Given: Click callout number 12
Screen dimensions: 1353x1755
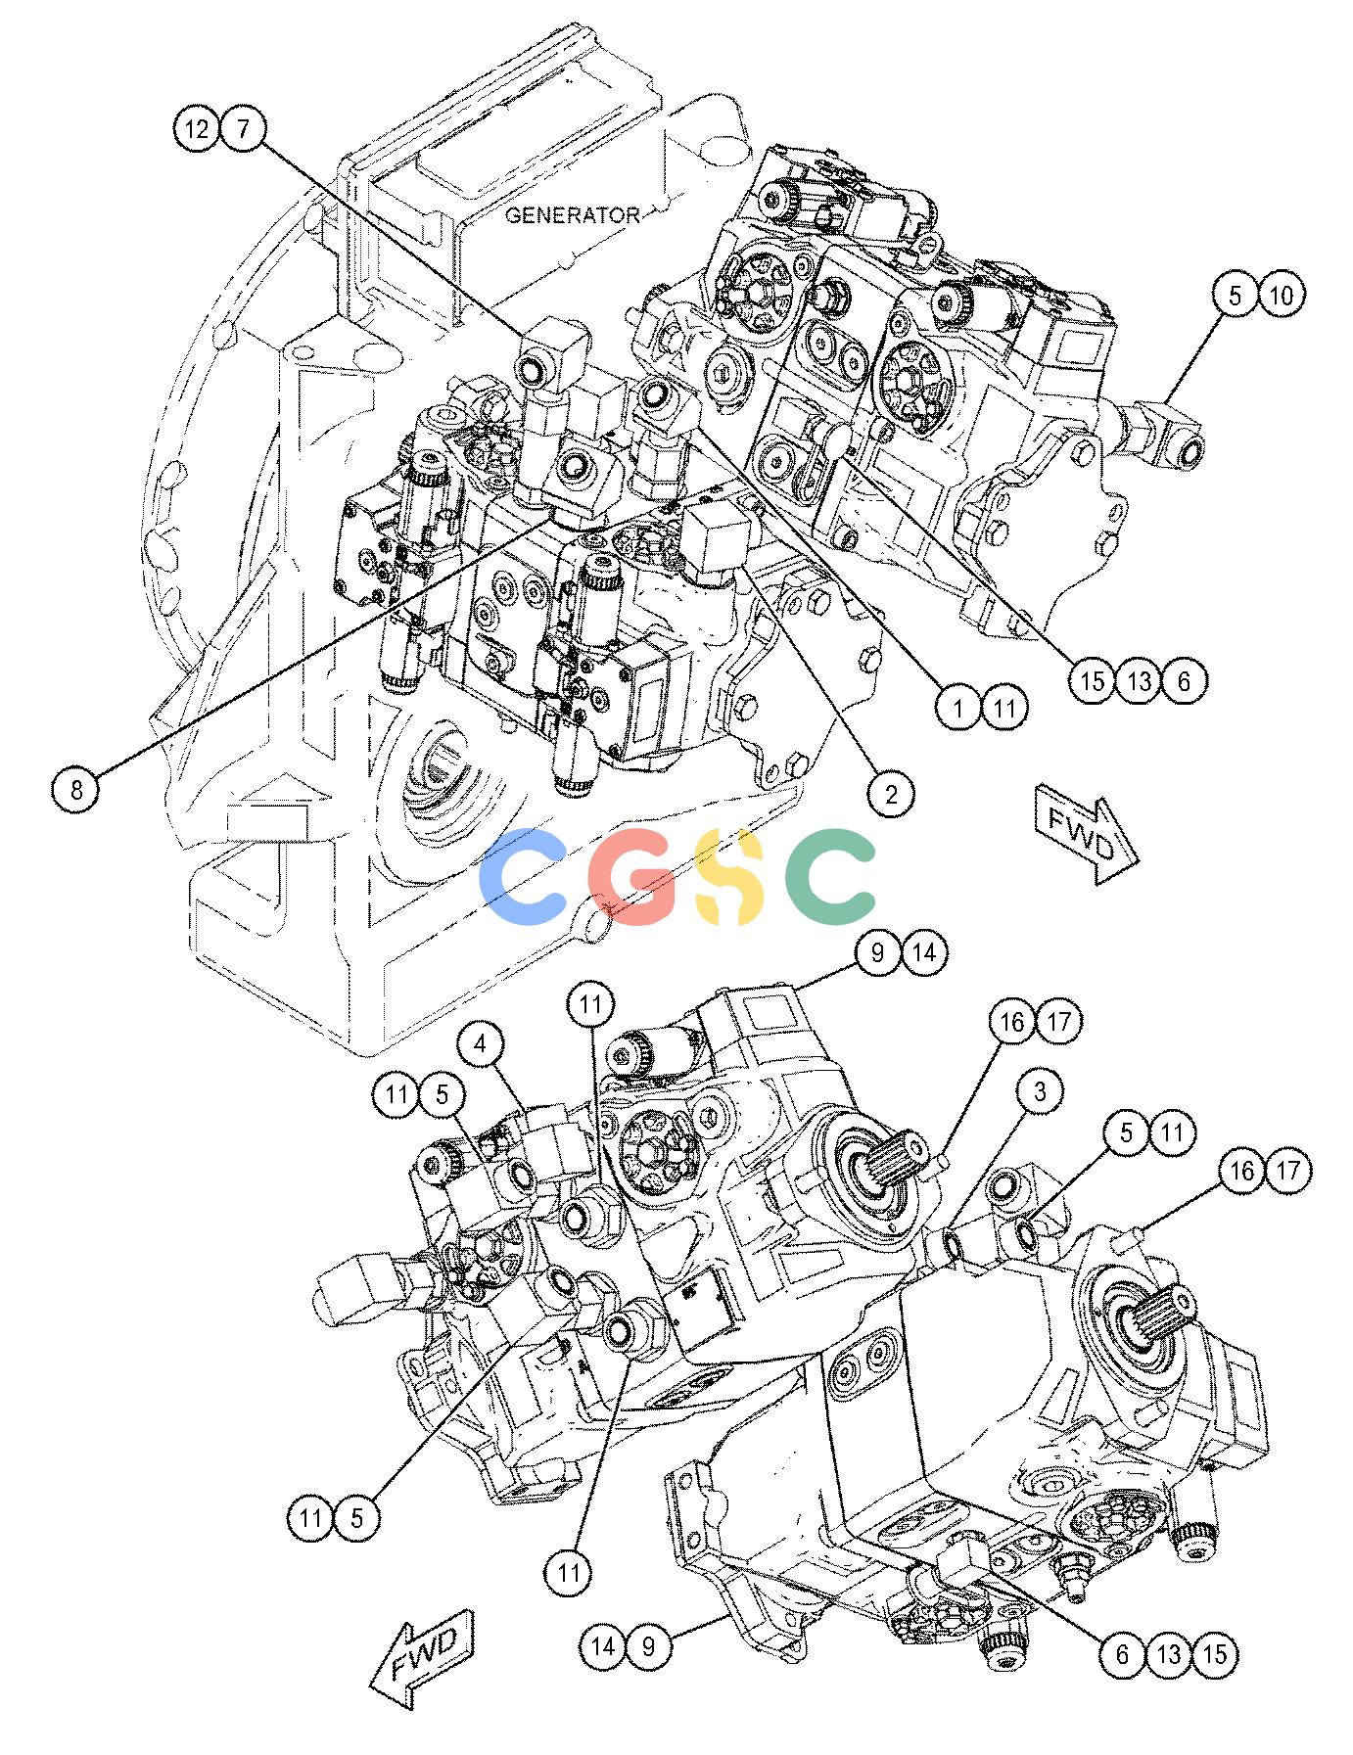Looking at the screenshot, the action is click(x=198, y=129).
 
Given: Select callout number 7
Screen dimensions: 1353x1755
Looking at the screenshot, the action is click(x=244, y=129).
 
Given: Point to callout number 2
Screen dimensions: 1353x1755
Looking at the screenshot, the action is click(x=891, y=794).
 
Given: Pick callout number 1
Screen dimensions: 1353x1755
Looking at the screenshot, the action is click(x=959, y=708).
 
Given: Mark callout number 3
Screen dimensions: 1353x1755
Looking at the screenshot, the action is click(x=1040, y=1093).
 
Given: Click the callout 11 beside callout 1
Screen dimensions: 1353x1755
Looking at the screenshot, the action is click(x=1005, y=708).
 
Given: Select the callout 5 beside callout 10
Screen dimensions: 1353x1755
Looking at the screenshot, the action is click(x=1236, y=295).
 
